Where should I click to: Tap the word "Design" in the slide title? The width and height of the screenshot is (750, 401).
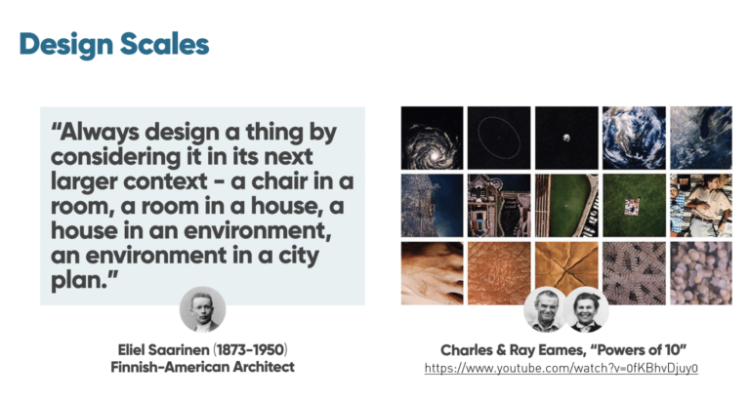coord(63,44)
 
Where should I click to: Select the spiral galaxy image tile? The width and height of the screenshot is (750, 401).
coord(432,138)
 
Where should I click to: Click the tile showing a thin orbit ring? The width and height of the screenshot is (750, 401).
coord(498,138)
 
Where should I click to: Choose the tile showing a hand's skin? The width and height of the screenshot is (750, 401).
coord(432,272)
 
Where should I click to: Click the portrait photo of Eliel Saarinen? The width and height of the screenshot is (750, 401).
coord(202,310)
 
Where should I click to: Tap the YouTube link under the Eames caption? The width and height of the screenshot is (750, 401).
coord(562,368)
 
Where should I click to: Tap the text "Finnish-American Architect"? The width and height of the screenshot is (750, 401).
coord(202,367)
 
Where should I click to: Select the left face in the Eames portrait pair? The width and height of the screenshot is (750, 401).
coord(545,310)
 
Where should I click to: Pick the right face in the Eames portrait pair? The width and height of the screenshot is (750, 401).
coord(586,310)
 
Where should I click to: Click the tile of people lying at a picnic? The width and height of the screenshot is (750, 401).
coord(699,205)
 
